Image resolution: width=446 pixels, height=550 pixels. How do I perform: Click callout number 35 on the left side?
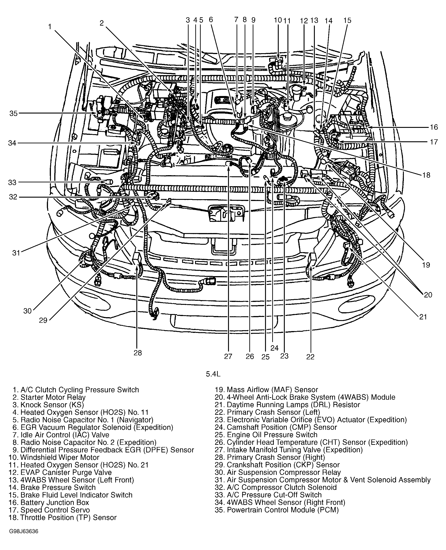tap(13, 113)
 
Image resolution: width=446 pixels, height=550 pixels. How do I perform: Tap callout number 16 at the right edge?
tap(434, 127)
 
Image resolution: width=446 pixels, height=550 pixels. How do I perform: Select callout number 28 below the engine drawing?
tap(138, 353)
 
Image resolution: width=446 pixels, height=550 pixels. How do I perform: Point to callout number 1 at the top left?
tap(50, 26)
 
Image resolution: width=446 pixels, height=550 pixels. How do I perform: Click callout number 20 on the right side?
tap(428, 295)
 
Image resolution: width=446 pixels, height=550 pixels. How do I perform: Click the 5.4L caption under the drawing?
tap(213, 374)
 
